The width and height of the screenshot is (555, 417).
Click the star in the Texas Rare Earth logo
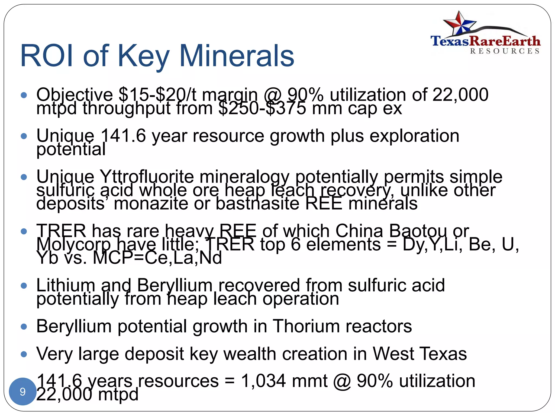point(459,24)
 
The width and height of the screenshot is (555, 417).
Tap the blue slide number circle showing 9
point(22,391)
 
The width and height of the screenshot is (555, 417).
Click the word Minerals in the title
point(237,56)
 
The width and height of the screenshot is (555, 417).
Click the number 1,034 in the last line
point(263,381)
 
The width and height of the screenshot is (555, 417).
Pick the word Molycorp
point(73,244)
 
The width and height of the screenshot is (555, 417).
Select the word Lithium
point(66,285)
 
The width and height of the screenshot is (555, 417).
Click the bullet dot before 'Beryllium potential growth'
point(24,327)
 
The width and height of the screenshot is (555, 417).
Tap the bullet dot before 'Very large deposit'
point(24,354)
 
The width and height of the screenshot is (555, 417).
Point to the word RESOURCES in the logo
point(505,51)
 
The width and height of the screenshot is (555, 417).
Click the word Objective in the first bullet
point(75,95)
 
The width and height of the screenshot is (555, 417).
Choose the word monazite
point(151,204)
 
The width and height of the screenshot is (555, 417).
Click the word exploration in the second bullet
point(414,136)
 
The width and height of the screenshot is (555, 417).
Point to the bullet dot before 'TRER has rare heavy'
point(24,231)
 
